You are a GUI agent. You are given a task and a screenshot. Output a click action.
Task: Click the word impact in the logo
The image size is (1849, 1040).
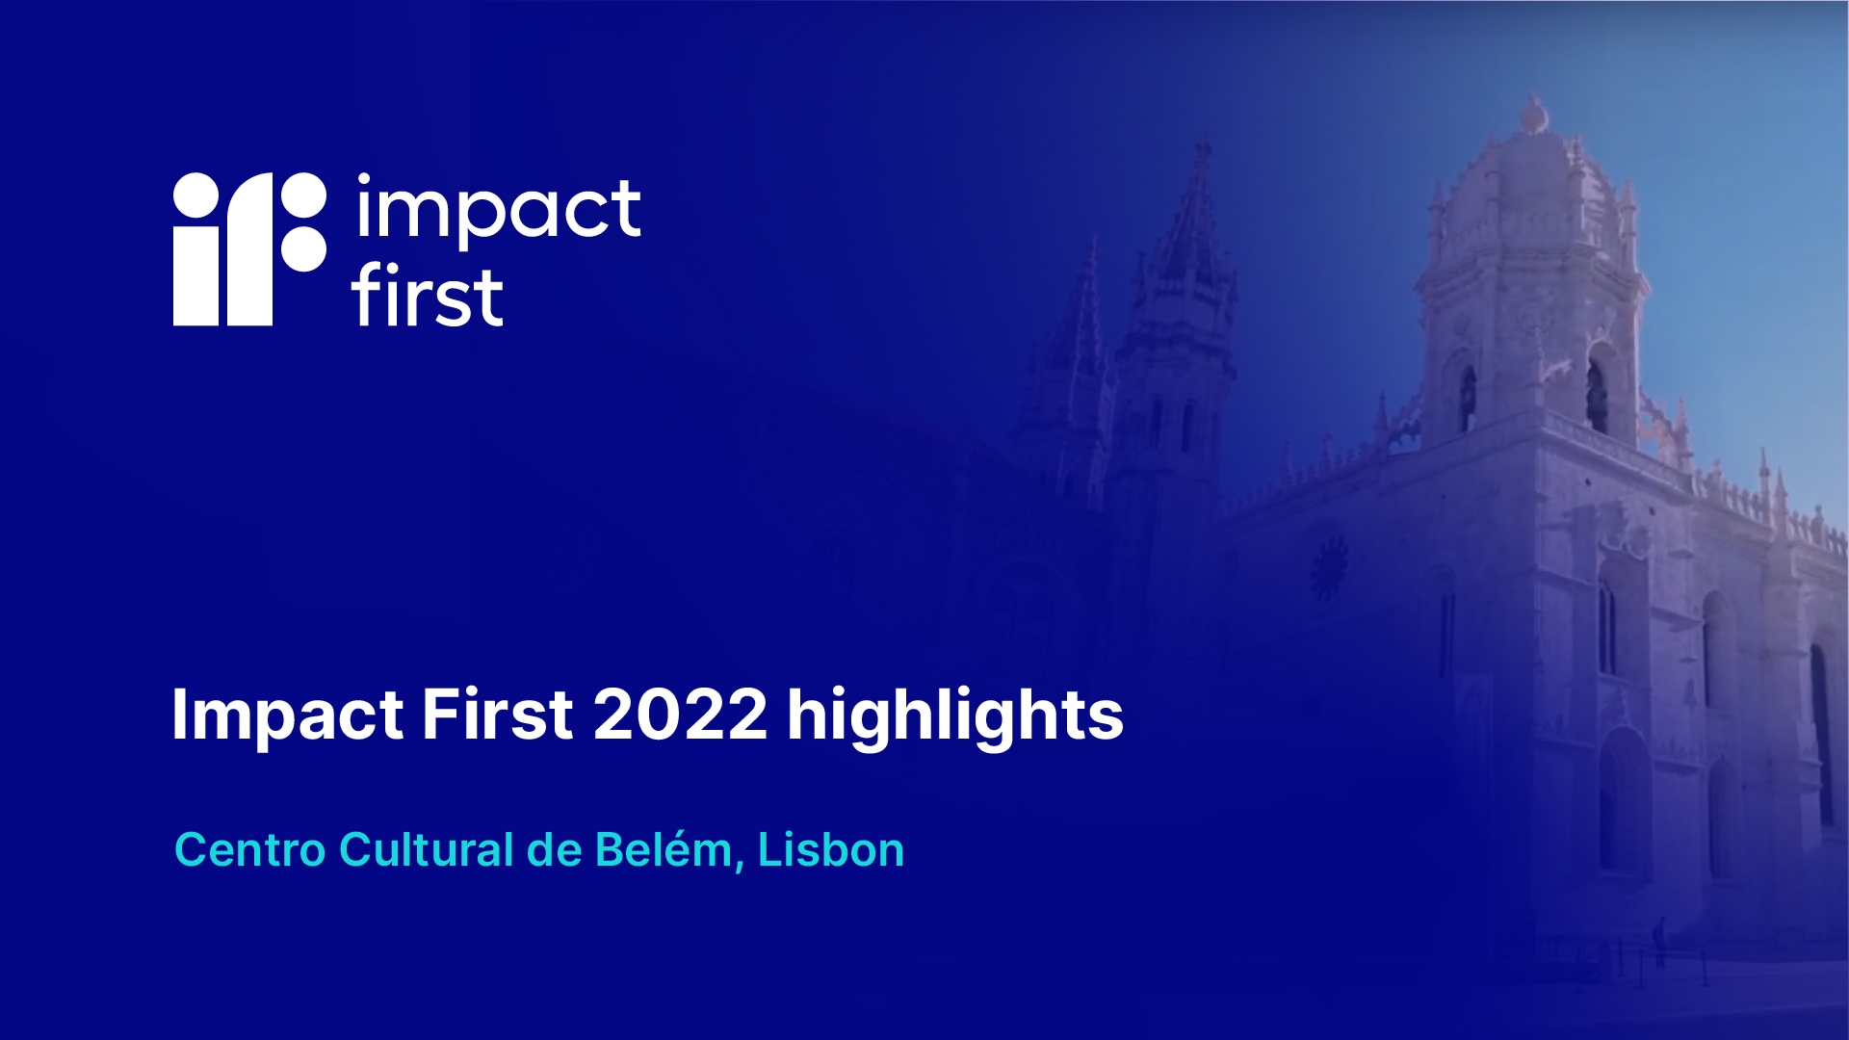[498, 209]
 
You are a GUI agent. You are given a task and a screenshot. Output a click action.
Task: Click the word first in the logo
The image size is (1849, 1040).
[427, 294]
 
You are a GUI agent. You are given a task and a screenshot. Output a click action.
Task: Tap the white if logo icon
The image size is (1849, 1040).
[249, 248]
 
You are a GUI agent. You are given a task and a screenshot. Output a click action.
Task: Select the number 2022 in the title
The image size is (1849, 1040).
[680, 715]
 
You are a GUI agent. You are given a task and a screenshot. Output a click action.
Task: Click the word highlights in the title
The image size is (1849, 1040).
[955, 716]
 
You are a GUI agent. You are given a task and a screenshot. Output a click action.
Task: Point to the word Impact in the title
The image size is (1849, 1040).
[287, 716]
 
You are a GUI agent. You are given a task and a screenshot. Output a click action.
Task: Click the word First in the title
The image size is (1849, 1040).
[497, 715]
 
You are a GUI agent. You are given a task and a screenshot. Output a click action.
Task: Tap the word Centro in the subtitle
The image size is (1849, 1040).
[250, 849]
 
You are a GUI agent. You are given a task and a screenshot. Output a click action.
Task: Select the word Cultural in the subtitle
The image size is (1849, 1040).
[427, 849]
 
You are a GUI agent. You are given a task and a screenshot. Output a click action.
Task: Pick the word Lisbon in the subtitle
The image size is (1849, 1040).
[831, 849]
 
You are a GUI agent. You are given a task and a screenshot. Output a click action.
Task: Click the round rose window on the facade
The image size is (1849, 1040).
[1329, 568]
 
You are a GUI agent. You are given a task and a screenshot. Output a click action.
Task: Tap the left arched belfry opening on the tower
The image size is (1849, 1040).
[1467, 398]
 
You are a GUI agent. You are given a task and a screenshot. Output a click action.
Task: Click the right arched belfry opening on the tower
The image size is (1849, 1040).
[1596, 396]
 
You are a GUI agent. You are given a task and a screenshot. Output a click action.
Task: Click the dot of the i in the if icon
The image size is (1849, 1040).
[196, 195]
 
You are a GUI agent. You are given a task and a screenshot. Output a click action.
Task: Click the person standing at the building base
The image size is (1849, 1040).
[1658, 941]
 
